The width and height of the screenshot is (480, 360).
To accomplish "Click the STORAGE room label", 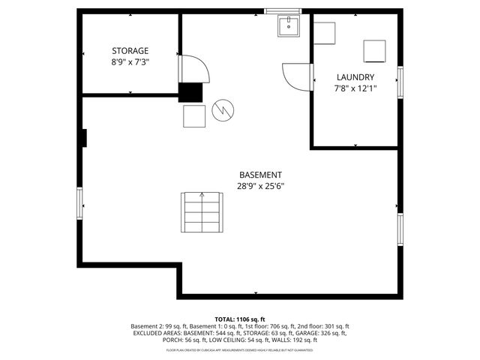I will (x=130, y=51).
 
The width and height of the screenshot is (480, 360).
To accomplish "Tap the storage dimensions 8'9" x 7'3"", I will (x=130, y=62).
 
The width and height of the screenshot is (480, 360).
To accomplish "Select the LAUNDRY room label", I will (x=355, y=77).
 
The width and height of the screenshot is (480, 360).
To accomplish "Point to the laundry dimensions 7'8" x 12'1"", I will (x=355, y=88).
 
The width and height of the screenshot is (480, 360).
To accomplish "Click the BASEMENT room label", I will (x=260, y=175).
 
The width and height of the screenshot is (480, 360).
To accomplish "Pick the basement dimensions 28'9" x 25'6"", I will (x=260, y=186).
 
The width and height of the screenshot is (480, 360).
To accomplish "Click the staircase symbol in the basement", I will (x=202, y=212).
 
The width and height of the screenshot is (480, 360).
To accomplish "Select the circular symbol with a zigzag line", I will (x=222, y=111).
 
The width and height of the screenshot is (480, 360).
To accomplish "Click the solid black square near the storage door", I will (x=191, y=91).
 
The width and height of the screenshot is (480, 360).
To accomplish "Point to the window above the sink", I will (x=283, y=10).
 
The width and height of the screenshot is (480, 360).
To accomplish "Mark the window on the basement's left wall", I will (x=79, y=204).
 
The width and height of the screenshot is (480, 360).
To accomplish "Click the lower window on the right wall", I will (x=400, y=229).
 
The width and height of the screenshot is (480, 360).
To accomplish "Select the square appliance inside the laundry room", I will (x=374, y=50).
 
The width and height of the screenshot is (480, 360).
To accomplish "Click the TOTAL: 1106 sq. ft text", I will (x=240, y=319).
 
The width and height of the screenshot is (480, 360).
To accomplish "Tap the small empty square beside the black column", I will (x=194, y=116).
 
